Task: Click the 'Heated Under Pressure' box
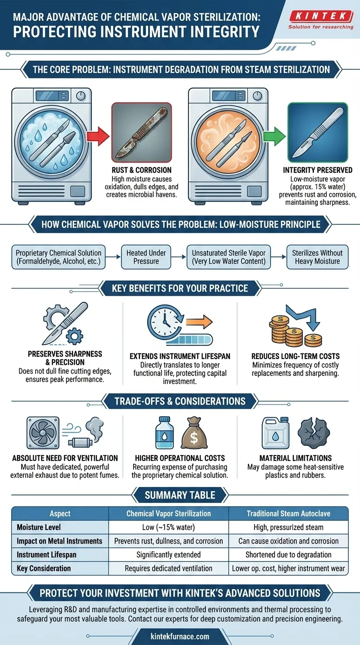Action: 146,256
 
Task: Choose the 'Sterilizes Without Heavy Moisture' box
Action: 317,256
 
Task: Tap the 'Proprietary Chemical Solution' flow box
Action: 58,256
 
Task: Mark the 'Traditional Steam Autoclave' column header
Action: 288,513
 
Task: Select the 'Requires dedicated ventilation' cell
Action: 169,568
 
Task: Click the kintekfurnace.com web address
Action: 180,636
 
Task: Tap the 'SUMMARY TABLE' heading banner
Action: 180,495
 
